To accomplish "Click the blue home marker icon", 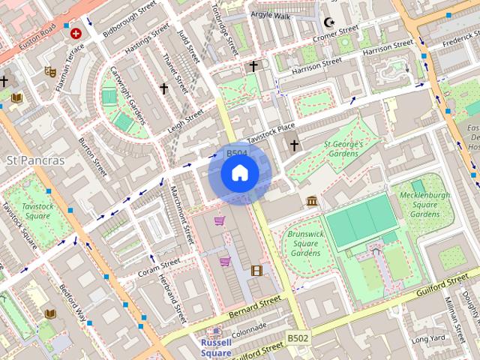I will (239, 173).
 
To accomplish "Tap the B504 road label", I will (237, 154).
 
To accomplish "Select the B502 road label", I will (298, 339).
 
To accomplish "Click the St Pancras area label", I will (35, 160).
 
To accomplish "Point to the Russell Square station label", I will (216, 347).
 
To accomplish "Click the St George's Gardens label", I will (343, 148).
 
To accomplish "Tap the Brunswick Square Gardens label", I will (304, 243).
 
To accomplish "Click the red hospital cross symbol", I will (76, 33).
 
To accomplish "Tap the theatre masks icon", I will (50, 71).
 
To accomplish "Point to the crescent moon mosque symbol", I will (328, 22).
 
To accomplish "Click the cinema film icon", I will (257, 270).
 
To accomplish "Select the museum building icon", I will (312, 201).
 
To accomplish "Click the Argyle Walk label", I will (271, 14).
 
